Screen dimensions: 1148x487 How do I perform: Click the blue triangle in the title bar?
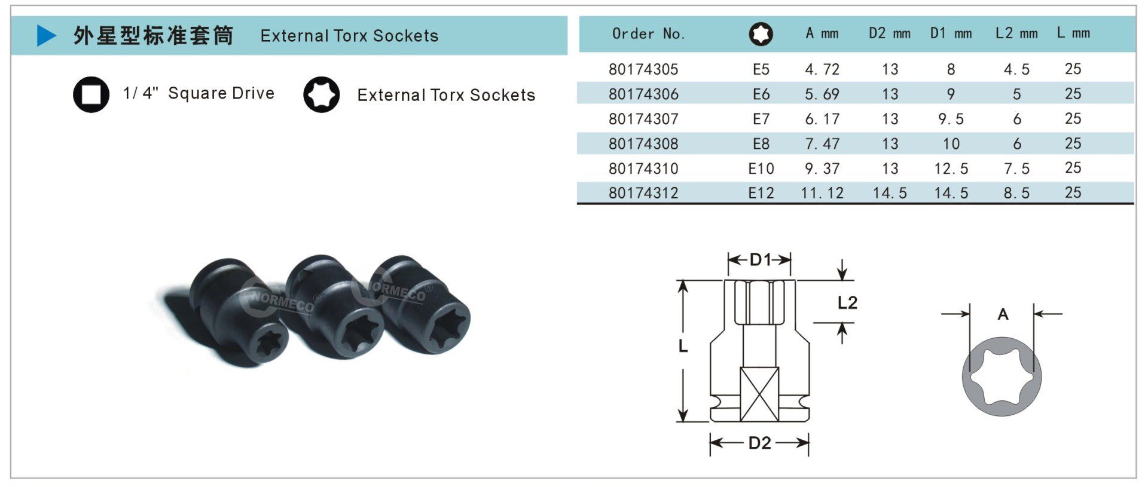tap(45, 35)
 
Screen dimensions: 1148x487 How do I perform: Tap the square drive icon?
tap(91, 94)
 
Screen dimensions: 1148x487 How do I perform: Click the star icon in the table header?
tap(761, 34)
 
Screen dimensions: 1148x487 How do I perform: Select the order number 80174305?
tap(643, 69)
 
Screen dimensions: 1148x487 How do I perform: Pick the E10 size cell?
tap(761, 169)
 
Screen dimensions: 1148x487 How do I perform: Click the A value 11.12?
tap(822, 193)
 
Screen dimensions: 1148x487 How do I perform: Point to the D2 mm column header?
tap(890, 33)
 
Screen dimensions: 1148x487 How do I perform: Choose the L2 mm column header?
tap(1016, 33)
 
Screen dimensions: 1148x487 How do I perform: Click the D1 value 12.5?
tap(951, 169)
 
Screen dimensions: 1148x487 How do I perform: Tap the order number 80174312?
tap(643, 193)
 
